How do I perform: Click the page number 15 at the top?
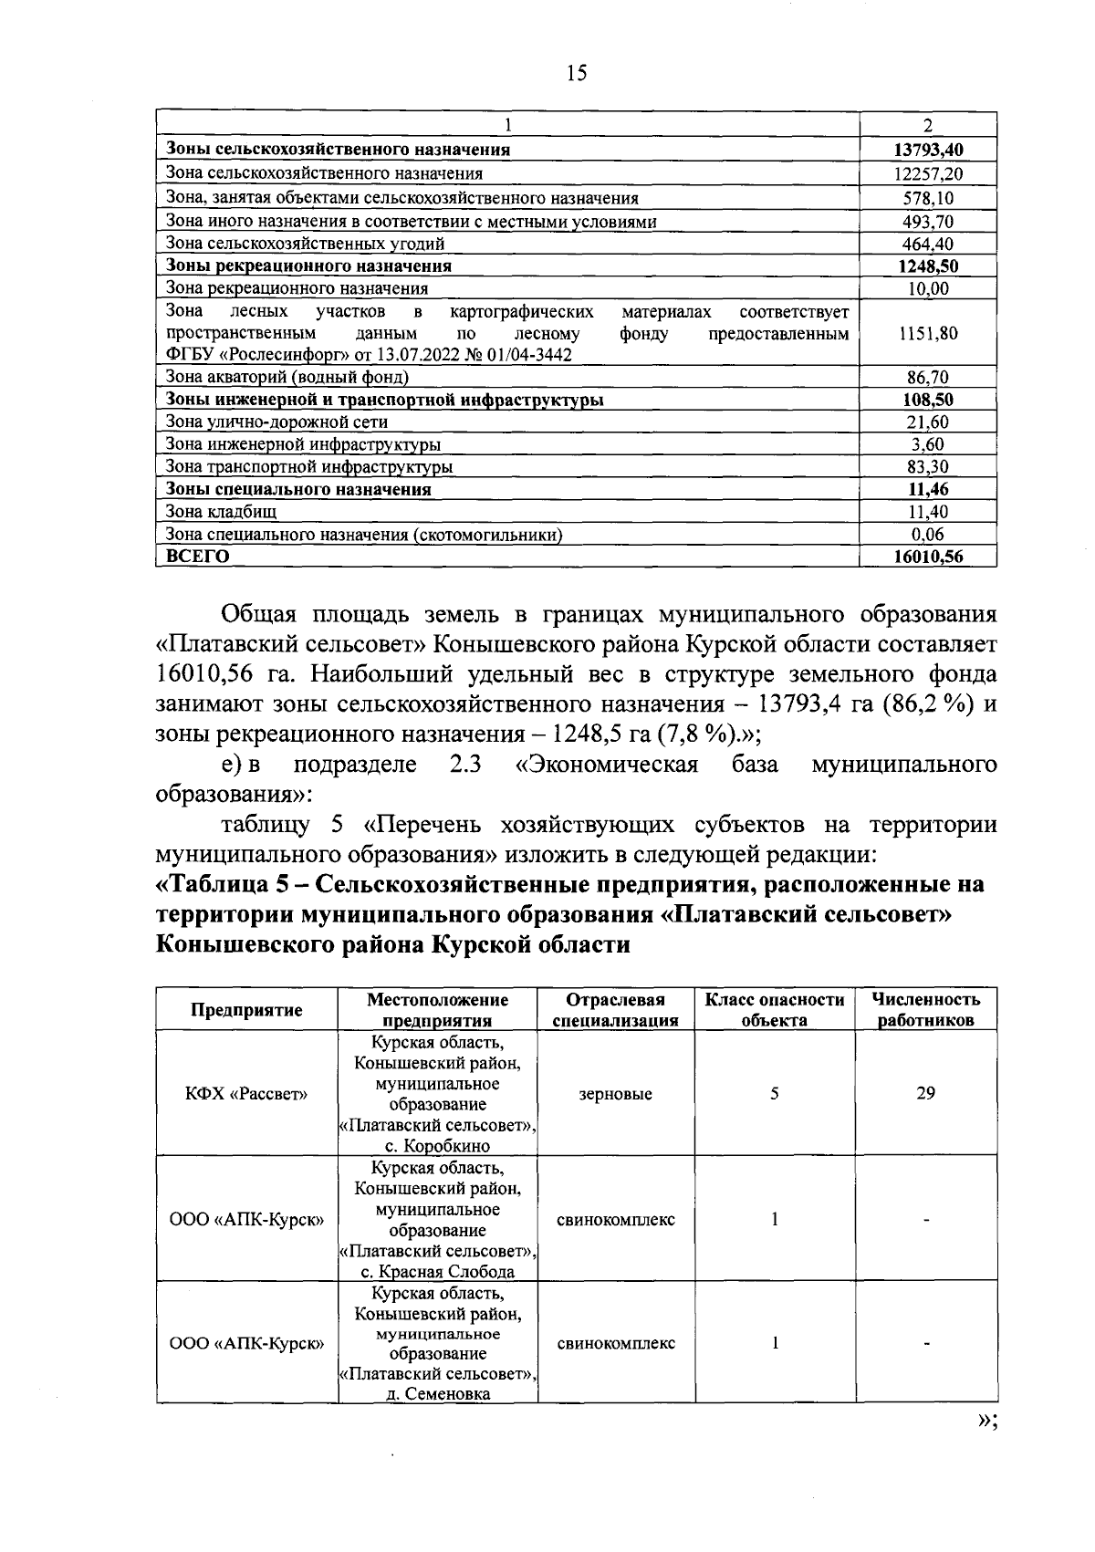pyautogui.click(x=577, y=74)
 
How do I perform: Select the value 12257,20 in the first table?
pyautogui.click(x=928, y=173)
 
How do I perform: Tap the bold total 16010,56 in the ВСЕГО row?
pyautogui.click(x=928, y=557)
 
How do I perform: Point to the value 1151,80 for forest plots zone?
pyautogui.click(x=928, y=334)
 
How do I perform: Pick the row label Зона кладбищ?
pyautogui.click(x=221, y=512)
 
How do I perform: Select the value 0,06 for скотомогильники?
pyautogui.click(x=928, y=535)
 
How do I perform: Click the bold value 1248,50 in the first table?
pyautogui.click(x=928, y=266)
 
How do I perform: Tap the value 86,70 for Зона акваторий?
pyautogui.click(x=928, y=378)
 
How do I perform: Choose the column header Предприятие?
pyautogui.click(x=246, y=1010)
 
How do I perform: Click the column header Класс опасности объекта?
pyautogui.click(x=775, y=1010)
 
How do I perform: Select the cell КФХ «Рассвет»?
pyautogui.click(x=246, y=1094)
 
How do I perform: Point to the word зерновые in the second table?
pyautogui.click(x=616, y=1094)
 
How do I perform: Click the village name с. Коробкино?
pyautogui.click(x=437, y=1147)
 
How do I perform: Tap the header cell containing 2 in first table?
pyautogui.click(x=928, y=126)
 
